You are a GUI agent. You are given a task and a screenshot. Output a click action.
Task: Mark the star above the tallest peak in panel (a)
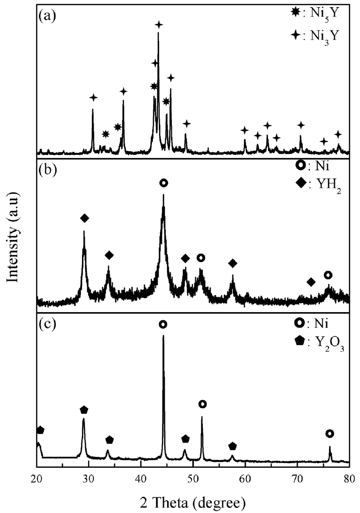[x=159, y=24]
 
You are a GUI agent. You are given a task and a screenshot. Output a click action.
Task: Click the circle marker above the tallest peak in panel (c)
[x=163, y=325]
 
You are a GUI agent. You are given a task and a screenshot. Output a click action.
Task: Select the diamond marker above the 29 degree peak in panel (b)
[x=85, y=218]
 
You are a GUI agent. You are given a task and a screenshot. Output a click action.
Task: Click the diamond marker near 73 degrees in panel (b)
[x=311, y=282]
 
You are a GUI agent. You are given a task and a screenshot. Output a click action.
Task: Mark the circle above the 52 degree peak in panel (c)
[x=202, y=404]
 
